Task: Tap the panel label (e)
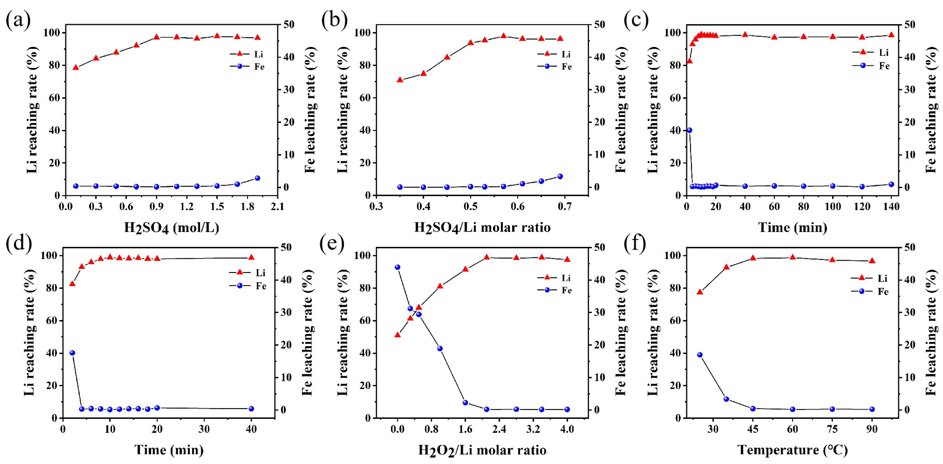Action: click(332, 243)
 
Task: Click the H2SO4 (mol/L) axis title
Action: click(171, 227)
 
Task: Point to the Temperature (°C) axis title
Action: click(793, 450)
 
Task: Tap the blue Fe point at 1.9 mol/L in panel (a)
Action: click(257, 178)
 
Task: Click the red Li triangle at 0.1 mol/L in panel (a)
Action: click(76, 67)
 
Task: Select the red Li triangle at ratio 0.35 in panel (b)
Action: click(400, 80)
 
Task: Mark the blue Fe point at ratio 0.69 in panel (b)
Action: click(560, 176)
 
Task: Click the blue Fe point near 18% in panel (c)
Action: click(689, 130)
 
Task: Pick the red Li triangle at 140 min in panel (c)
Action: click(891, 35)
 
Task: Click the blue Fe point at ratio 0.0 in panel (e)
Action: click(397, 267)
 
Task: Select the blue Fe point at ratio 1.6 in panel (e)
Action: click(465, 403)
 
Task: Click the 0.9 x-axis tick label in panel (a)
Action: click(156, 207)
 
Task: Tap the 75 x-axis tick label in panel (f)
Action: click(832, 429)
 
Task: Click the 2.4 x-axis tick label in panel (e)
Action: click(499, 429)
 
